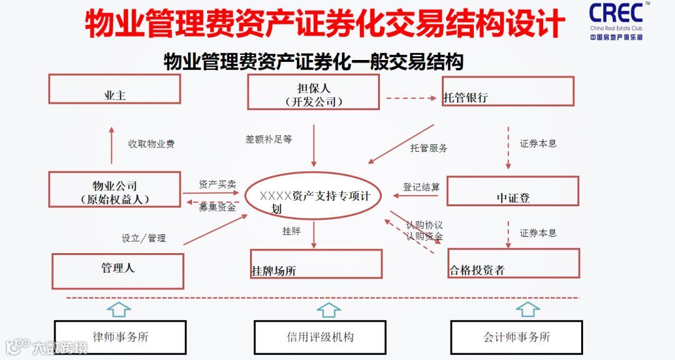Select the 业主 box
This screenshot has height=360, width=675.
tap(114, 89)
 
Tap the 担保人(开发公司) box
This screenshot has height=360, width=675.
tap(313, 92)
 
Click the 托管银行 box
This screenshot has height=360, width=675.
tap(507, 92)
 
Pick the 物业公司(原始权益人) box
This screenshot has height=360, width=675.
tap(114, 191)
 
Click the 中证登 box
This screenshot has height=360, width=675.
tap(512, 191)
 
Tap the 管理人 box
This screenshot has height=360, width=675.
tap(117, 271)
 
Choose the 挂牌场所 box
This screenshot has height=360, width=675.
tap(316, 264)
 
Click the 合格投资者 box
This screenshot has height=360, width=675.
tap(513, 264)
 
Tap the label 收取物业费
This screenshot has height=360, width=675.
tap(151, 144)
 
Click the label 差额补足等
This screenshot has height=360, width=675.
tap(269, 139)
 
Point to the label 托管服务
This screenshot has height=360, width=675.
tap(429, 148)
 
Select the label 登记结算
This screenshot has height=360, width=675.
tap(421, 187)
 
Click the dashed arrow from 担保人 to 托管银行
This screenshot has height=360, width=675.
tap(410, 98)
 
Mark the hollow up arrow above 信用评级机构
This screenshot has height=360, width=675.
tap(328, 309)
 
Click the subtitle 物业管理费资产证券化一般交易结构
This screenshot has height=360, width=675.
tap(313, 62)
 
